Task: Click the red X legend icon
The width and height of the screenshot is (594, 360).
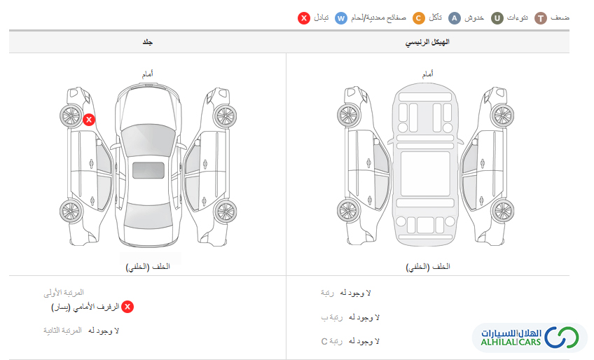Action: point(304,18)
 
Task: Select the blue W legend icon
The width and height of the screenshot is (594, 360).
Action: point(341,18)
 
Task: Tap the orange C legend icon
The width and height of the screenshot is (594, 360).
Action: point(419,18)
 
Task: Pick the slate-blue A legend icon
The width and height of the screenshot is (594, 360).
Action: point(454,18)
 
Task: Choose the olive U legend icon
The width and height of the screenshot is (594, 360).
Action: point(497,18)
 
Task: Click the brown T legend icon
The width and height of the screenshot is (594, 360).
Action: point(541,18)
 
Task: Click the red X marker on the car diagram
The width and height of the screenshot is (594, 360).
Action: point(89,120)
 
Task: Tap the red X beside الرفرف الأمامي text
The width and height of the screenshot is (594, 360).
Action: point(127,307)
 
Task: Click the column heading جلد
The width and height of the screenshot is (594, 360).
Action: point(147,42)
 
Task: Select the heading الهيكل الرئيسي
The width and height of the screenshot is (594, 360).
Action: point(427,42)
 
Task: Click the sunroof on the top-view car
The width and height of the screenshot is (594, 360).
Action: point(148,170)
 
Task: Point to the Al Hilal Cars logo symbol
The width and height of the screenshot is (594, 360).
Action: point(562,337)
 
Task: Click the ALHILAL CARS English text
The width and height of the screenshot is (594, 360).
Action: point(511,342)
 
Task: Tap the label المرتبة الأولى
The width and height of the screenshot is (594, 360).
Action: point(64,293)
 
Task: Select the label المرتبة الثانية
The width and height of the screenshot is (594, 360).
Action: point(62,331)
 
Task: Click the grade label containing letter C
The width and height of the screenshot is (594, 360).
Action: point(331,341)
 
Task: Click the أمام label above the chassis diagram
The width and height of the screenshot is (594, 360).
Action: point(428,74)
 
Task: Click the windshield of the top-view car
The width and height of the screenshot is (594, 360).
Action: point(148,138)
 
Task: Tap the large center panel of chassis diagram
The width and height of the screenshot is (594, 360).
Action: point(425,174)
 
